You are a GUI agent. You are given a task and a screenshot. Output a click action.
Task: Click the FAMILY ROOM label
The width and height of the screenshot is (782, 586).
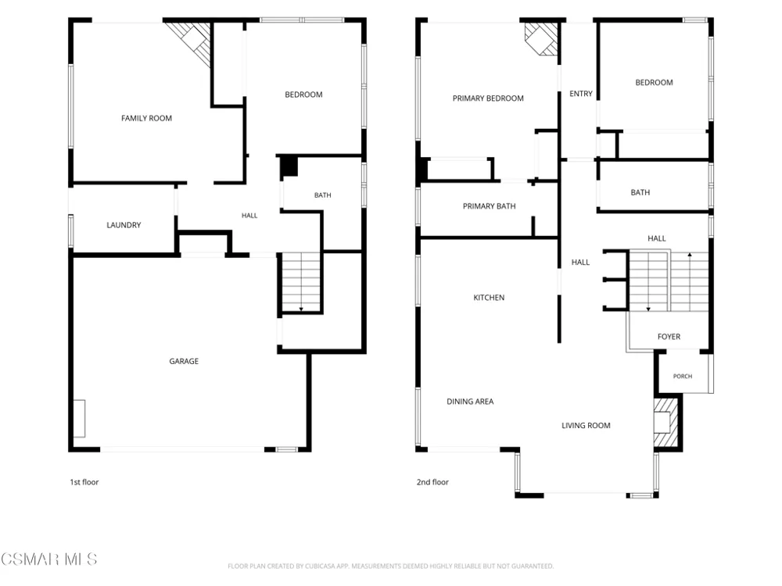147,118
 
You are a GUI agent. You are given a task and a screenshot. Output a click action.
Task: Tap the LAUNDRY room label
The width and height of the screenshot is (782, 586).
124,225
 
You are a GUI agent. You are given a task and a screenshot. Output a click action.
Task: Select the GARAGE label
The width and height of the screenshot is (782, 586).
184,361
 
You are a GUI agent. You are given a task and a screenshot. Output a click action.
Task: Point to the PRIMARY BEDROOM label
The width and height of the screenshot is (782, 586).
488,98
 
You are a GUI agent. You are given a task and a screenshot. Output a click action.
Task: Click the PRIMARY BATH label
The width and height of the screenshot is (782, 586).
489,206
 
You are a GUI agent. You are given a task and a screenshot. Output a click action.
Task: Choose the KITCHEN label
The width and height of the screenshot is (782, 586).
489,298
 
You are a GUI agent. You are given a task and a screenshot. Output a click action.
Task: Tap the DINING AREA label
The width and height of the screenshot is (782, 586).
470,402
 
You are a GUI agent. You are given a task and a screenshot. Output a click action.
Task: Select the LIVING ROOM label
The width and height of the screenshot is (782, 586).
586,426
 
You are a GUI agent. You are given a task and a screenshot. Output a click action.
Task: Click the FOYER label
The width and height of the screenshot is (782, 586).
669,337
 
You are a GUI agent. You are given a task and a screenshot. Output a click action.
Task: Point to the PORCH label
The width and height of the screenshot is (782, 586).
683,377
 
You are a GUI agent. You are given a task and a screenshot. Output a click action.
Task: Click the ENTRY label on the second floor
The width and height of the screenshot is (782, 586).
581,94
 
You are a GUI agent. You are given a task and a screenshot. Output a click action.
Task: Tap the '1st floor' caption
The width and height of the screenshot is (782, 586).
84,482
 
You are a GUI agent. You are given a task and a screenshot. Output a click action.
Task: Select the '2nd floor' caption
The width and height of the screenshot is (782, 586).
432,482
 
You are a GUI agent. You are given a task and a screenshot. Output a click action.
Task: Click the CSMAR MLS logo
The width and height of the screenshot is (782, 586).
48,559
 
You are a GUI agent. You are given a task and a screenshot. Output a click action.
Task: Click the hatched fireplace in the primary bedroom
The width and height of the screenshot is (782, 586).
541,38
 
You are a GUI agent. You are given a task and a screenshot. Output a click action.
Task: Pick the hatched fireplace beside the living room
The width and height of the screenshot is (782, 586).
666,422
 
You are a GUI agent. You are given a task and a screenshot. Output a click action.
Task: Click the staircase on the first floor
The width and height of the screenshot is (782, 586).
301,282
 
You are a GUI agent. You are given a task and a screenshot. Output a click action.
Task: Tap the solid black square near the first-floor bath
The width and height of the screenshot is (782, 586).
289,166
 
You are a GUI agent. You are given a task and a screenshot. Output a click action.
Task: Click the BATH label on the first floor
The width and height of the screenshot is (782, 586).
323,195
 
